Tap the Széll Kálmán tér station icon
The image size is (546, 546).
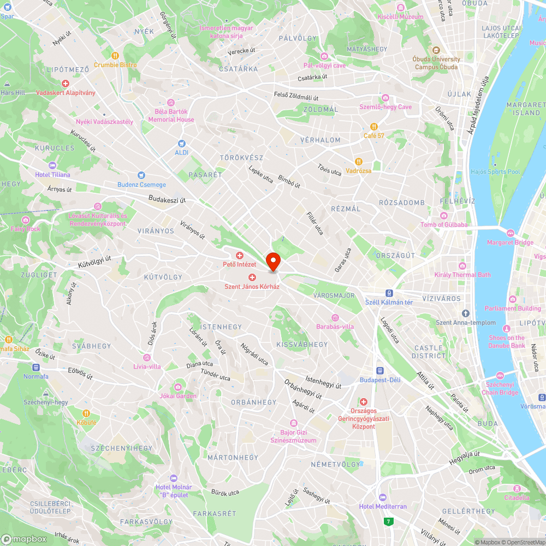coord(389,292)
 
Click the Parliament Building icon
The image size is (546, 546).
coord(512,299)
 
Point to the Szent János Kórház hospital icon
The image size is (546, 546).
coord(252,277)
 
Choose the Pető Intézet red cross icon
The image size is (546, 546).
coord(239,256)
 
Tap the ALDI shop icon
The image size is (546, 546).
coord(182,143)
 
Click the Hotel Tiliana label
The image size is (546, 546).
coord(52,175)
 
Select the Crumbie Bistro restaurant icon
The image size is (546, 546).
coord(115,55)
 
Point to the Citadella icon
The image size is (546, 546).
coord(517,488)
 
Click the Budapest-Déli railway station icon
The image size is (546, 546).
coord(380,370)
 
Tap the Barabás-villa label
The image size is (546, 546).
coord(335,327)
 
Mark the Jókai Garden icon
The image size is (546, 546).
coord(178,387)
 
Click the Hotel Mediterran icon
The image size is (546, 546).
coord(382,497)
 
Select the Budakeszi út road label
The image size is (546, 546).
coord(167,200)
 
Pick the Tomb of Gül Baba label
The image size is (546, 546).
coord(444,225)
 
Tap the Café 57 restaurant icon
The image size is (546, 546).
coord(374,126)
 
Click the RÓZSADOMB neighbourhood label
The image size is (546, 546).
coord(402,203)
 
